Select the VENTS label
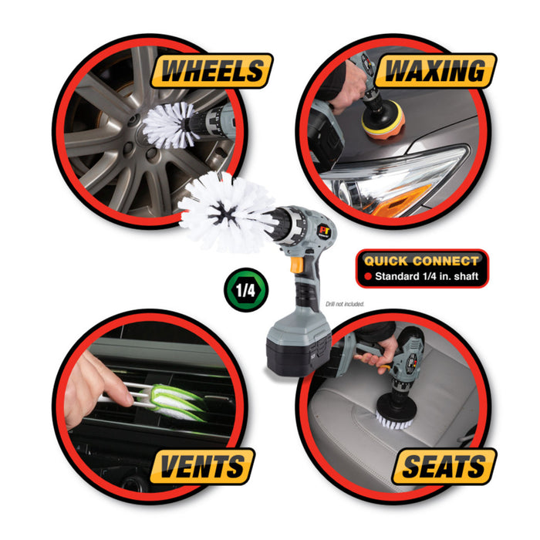203,466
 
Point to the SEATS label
443,466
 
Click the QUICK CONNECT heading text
421,261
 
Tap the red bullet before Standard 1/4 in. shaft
368,275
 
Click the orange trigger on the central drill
297,264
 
